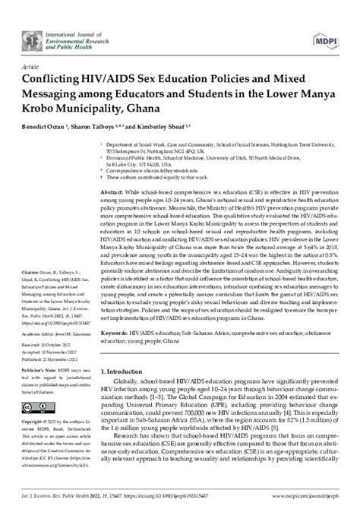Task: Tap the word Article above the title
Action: tap(33, 65)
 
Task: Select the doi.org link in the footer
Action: tap(163, 495)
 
